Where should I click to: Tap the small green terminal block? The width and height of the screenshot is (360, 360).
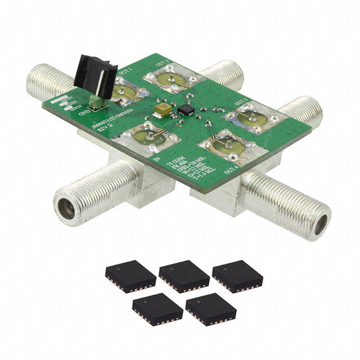point(96,101)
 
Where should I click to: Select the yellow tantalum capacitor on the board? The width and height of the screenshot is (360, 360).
point(163,110)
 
